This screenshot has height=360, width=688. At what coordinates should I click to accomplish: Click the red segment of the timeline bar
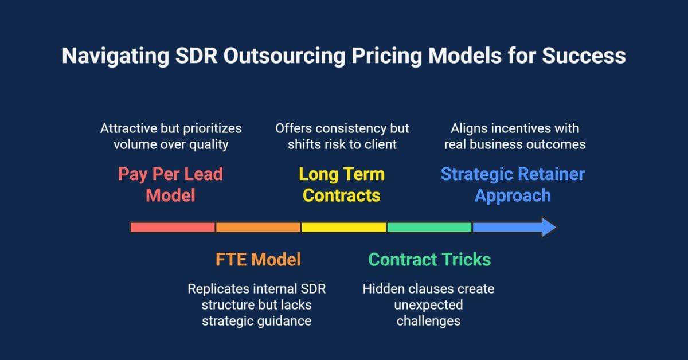[173, 227]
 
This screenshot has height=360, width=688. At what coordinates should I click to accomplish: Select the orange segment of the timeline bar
[258, 227]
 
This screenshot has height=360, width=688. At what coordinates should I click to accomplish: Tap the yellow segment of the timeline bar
[343, 227]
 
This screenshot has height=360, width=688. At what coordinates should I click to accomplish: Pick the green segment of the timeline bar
[429, 227]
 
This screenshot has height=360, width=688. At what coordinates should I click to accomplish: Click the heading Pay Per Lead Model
[170, 185]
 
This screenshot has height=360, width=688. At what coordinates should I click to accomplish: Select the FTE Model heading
[258, 259]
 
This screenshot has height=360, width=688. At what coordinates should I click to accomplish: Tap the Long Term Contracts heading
[342, 185]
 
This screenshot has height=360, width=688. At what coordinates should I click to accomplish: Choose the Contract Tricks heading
[429, 259]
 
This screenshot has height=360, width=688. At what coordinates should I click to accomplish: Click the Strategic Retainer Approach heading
[513, 185]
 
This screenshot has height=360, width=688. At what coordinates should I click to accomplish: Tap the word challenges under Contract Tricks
[428, 321]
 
